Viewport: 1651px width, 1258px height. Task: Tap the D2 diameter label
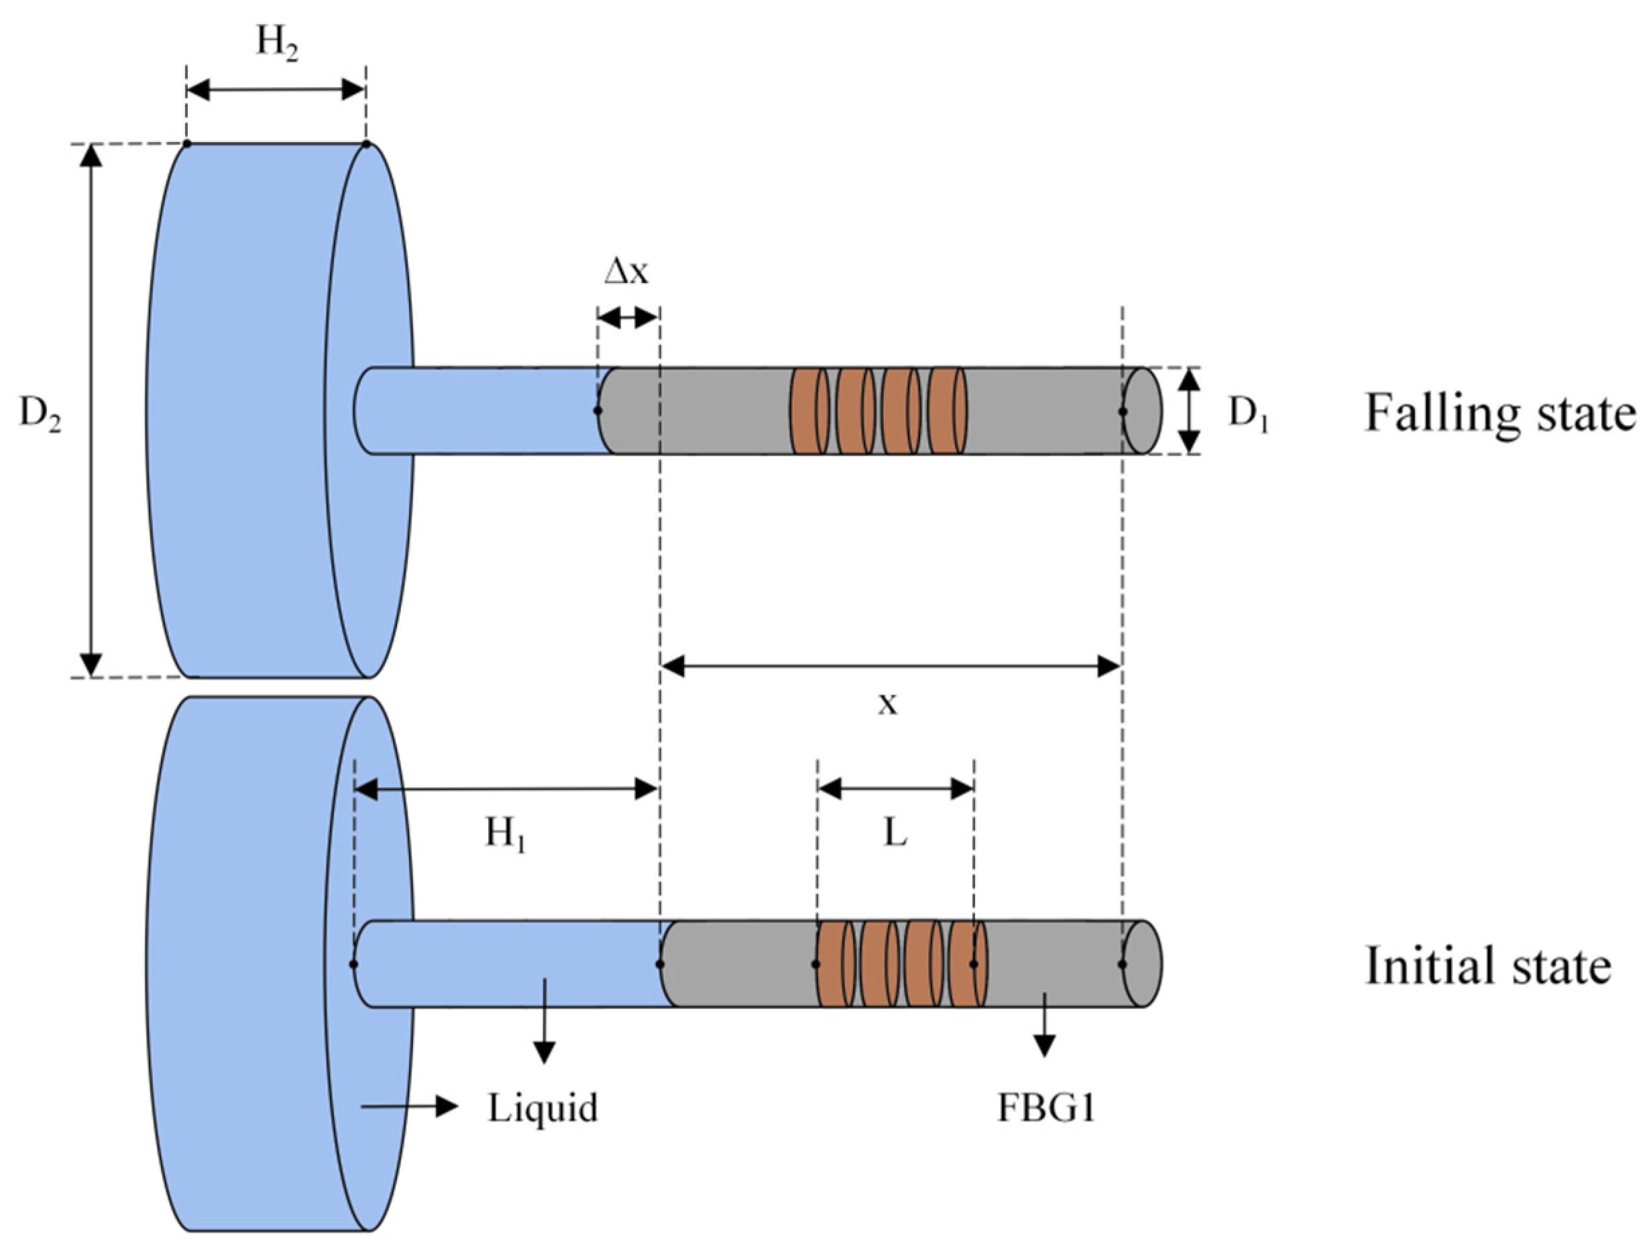40,412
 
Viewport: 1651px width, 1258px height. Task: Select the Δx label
627,272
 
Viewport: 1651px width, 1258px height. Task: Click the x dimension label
887,703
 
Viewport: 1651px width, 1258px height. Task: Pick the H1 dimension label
506,833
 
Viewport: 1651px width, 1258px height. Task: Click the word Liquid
543,1108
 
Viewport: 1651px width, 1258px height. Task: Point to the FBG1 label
1046,1108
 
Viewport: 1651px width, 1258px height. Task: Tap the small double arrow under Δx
628,319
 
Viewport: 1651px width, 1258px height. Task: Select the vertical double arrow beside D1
1189,410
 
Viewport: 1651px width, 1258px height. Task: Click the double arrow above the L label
895,788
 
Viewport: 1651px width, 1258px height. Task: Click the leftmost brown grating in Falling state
810,410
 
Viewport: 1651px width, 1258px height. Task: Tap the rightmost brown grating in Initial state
968,964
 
